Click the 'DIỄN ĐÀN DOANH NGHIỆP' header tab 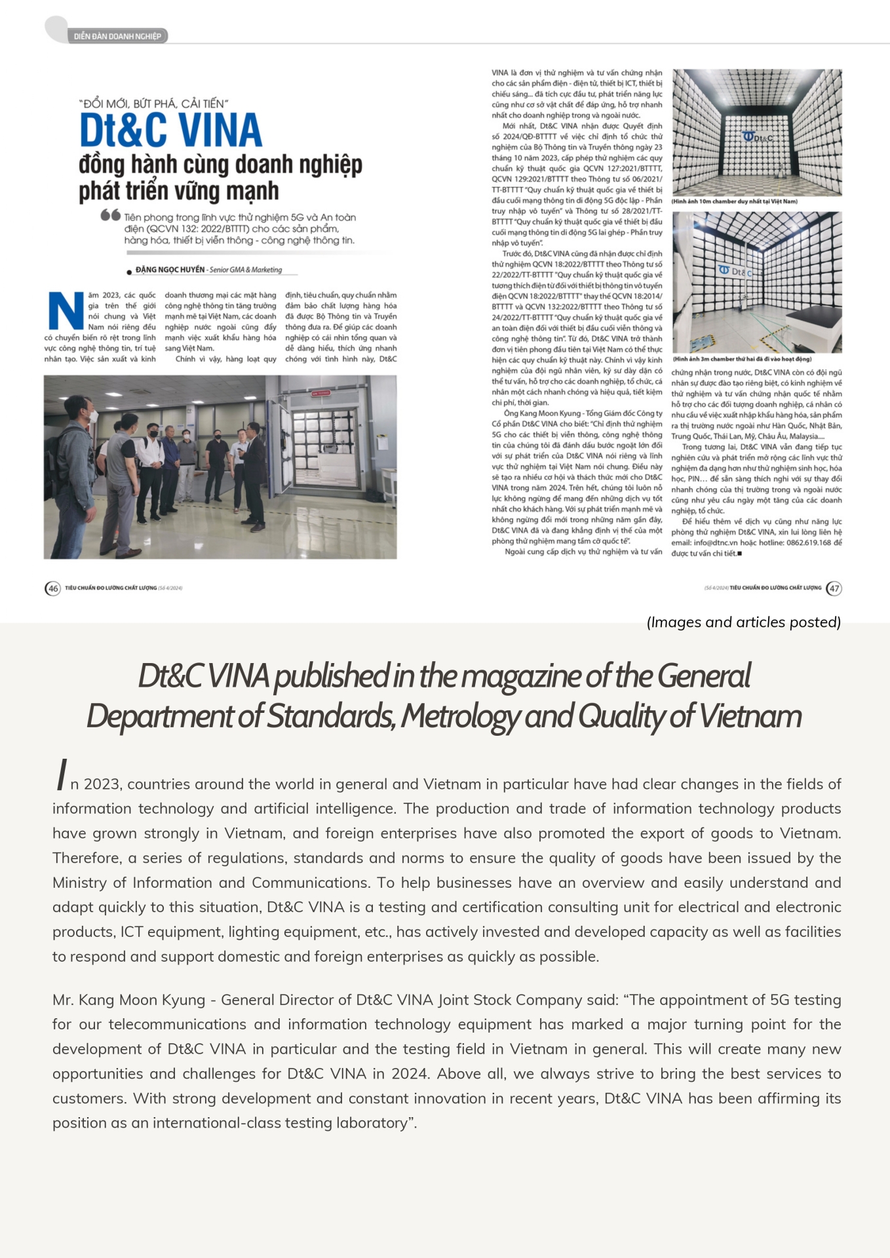[x=117, y=36]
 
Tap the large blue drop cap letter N [x=66, y=311]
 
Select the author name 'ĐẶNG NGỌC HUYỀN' [x=170, y=269]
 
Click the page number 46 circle [x=53, y=588]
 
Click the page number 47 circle [x=834, y=588]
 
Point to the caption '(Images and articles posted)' [x=743, y=622]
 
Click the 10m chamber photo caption [x=734, y=201]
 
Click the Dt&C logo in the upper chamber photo [x=758, y=137]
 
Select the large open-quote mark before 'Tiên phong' [x=110, y=215]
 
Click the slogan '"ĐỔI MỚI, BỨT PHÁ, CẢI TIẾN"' [x=153, y=104]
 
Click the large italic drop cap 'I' [x=62, y=775]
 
